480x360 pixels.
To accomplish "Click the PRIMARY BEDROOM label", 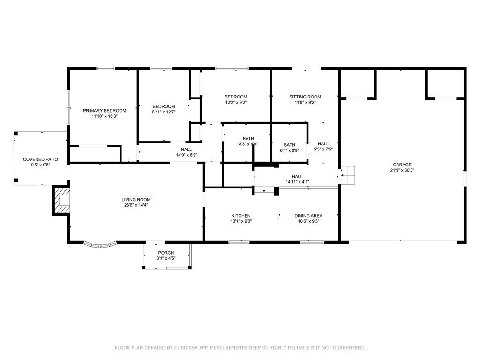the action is (x=105, y=111).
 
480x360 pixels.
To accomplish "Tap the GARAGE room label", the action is (x=402, y=165).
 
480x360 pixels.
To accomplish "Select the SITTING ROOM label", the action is (x=305, y=97).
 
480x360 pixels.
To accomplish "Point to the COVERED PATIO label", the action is (x=40, y=159).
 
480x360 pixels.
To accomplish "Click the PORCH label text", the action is (x=166, y=253).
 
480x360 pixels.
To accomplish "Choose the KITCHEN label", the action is (x=241, y=216).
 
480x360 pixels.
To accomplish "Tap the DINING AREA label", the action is (x=308, y=216).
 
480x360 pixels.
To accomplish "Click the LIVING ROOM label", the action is (x=136, y=200).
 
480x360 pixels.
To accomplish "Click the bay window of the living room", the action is (x=100, y=245).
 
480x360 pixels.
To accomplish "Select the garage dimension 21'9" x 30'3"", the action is (x=402, y=170).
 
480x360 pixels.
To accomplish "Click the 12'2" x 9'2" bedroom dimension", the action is (x=236, y=103).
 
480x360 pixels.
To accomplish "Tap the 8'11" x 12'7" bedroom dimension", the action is (x=164, y=112).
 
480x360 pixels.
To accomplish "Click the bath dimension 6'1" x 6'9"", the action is (x=290, y=150).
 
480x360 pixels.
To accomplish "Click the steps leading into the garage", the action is (x=348, y=175).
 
